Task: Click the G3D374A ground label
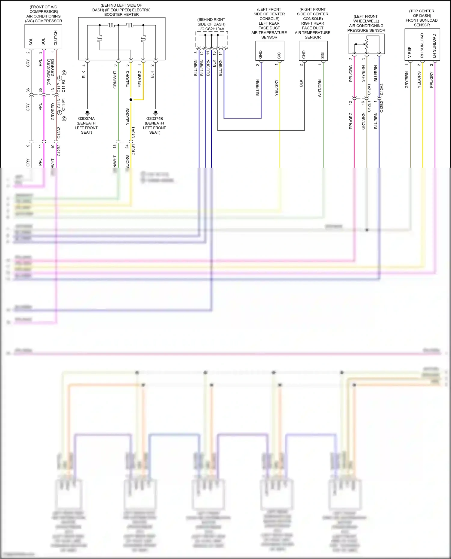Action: pos(86,119)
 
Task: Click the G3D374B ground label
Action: pos(155,119)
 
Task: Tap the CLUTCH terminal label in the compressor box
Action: pos(56,38)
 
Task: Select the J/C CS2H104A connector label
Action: pos(211,29)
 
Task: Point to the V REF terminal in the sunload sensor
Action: pos(410,52)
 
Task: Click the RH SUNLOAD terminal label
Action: pos(422,46)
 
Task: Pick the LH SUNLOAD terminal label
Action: pos(434,46)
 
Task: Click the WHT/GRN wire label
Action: pos(320,88)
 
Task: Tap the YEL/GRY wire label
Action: pos(276,88)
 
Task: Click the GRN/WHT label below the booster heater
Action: pos(115,80)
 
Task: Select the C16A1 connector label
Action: pos(133,132)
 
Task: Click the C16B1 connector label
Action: pos(133,149)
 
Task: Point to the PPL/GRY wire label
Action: pos(431,80)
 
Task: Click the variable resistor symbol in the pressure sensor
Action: pos(367,44)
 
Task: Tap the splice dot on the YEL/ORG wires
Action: pos(131,99)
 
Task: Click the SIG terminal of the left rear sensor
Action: pos(279,56)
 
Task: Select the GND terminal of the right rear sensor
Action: pos(304,55)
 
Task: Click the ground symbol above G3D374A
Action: pos(87,113)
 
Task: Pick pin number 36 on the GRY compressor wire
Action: pos(28,90)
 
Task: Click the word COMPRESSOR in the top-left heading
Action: pos(44,11)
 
